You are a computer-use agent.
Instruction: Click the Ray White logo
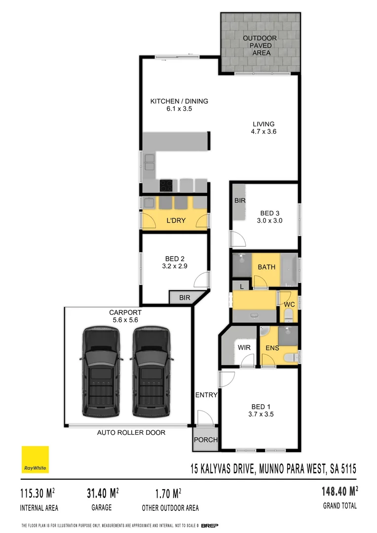(x=35, y=459)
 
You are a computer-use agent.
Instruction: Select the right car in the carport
(x=151, y=371)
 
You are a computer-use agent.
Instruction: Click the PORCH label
(x=205, y=440)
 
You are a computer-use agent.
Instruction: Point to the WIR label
(x=244, y=347)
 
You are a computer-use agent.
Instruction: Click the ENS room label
(x=272, y=348)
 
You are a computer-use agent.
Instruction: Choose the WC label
(x=289, y=305)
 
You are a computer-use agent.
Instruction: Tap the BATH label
(x=267, y=267)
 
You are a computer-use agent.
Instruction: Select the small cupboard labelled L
(x=242, y=286)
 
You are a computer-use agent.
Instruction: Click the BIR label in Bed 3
(x=240, y=201)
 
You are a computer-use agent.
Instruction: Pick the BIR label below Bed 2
(x=185, y=298)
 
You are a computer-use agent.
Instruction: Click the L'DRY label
(x=176, y=220)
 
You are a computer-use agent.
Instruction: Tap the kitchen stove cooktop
(x=167, y=185)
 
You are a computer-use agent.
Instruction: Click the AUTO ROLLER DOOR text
(x=131, y=432)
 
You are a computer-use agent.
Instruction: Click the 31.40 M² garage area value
(x=101, y=493)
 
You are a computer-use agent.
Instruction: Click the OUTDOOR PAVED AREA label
(x=260, y=45)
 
